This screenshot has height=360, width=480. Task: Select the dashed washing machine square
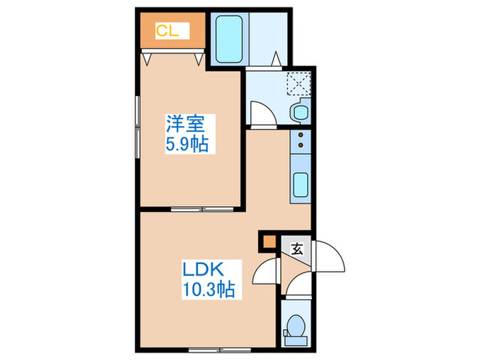[298, 82]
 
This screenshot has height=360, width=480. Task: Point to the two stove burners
[300, 140]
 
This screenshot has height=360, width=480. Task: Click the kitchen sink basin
[300, 184]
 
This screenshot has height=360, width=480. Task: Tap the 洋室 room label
[185, 125]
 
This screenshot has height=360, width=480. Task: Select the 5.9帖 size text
[185, 144]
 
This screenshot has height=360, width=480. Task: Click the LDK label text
[202, 268]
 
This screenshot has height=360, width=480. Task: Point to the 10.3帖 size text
[207, 289]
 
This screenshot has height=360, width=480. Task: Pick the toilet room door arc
[298, 286]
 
